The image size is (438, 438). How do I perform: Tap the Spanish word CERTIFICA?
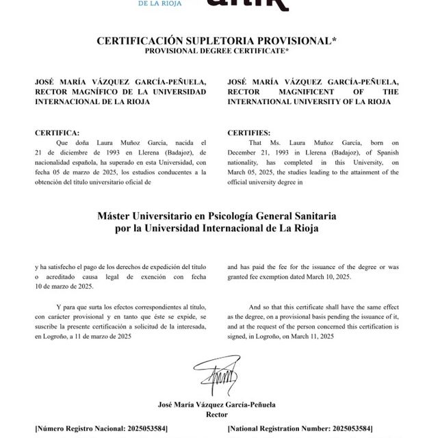pyautogui.click(x=57, y=132)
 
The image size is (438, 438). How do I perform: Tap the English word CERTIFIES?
pyautogui.click(x=249, y=132)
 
